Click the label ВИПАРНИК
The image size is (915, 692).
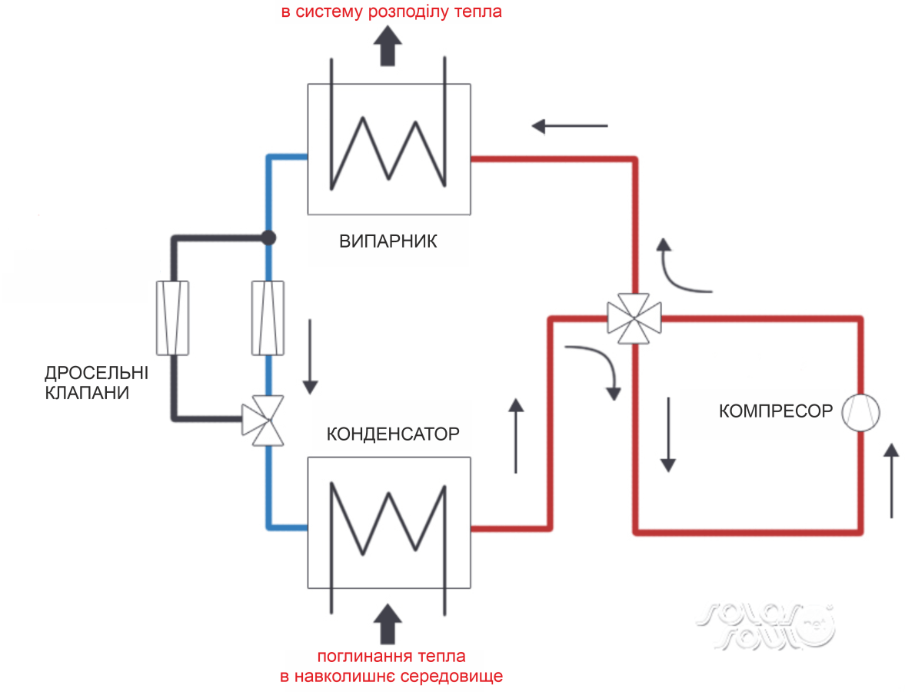point(388,241)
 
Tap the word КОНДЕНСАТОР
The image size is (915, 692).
point(393,434)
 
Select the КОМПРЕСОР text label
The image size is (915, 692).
point(775,411)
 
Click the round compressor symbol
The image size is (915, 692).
point(860,413)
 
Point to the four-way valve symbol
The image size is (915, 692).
point(634,316)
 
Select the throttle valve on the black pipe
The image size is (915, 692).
point(172,318)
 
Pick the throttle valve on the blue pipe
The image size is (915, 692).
point(268,318)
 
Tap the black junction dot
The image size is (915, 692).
point(268,238)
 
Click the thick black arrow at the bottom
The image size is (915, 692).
point(390,621)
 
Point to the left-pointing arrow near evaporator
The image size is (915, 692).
point(569,125)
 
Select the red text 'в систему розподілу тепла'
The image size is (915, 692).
point(391,13)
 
